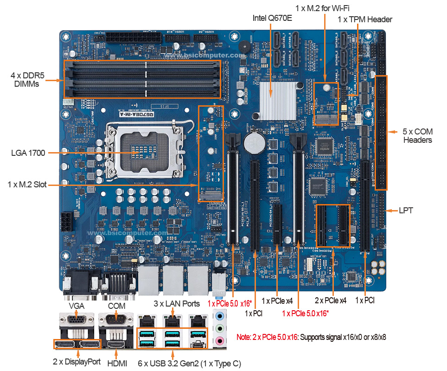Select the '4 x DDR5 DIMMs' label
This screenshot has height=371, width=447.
[25, 79]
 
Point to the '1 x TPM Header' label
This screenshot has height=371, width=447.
[365, 19]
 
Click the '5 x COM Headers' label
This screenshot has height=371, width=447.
[417, 136]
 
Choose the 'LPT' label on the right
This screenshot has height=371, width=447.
[406, 211]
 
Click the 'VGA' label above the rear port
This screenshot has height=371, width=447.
[77, 306]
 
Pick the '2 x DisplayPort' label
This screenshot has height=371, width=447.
[77, 361]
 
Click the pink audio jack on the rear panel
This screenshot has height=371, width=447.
[220, 342]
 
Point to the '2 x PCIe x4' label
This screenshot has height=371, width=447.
[331, 300]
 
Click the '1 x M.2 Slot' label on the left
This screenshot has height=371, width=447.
[27, 185]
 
